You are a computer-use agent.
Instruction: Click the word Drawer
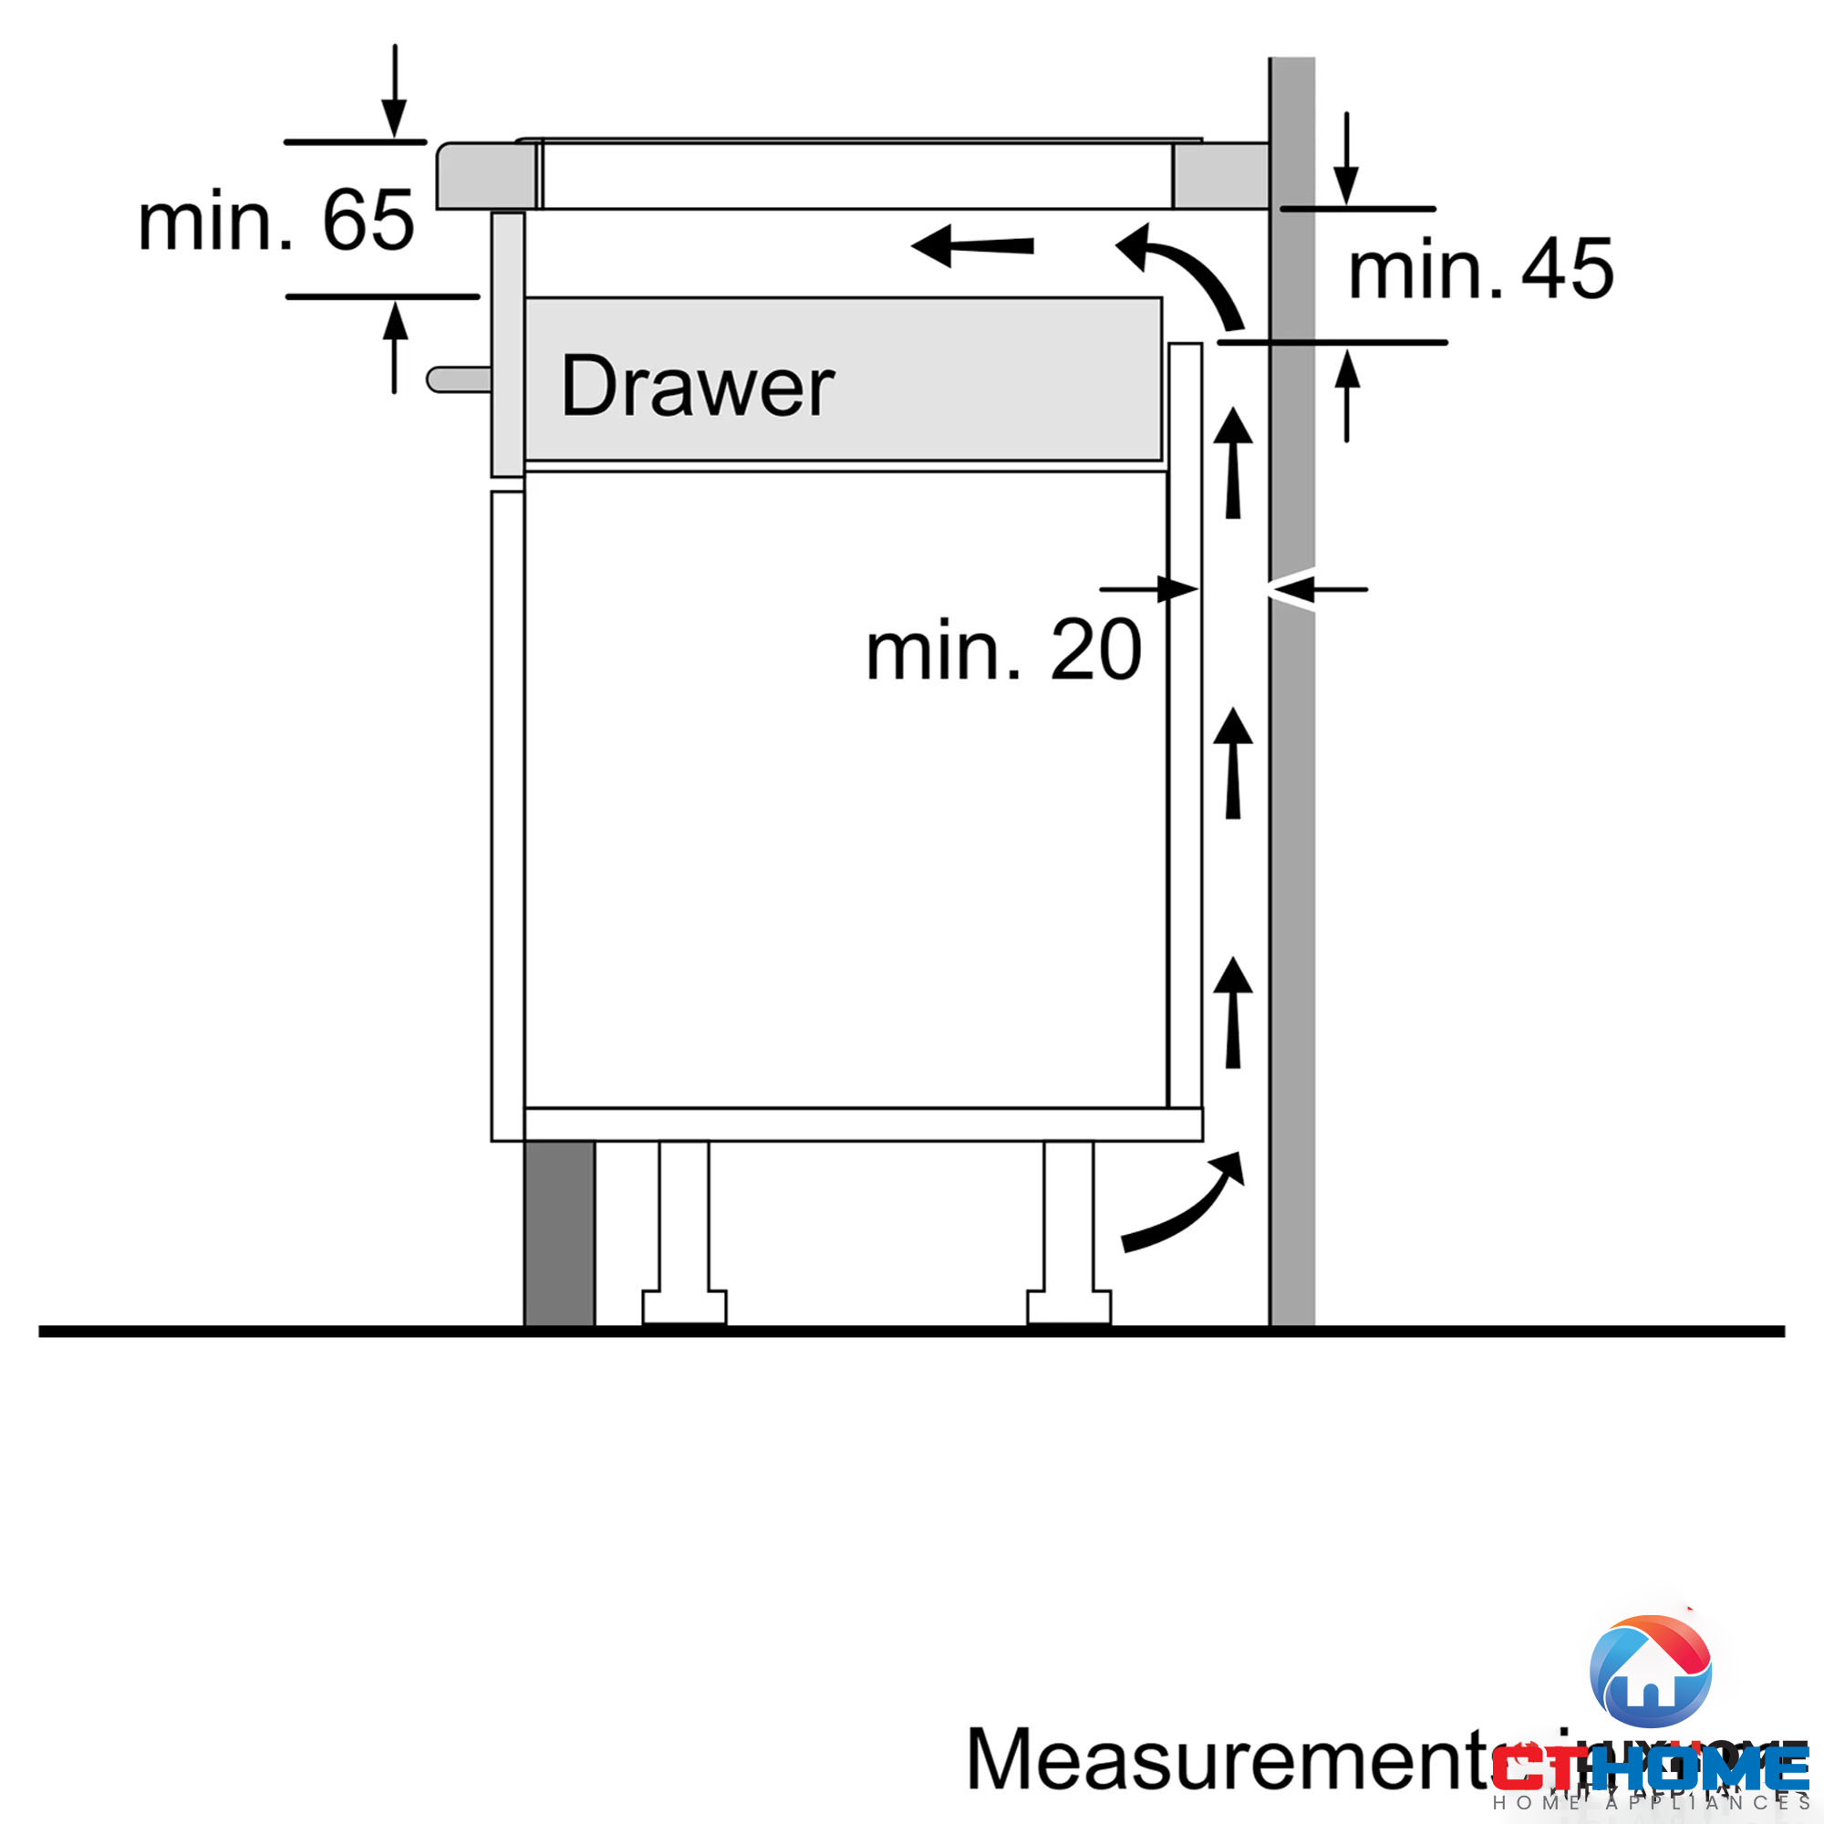click(x=697, y=386)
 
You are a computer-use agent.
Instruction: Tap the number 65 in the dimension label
click(x=368, y=221)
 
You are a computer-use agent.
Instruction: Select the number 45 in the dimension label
click(x=1567, y=269)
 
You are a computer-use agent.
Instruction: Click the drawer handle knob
click(x=457, y=379)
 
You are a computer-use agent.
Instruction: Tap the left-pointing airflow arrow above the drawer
click(x=972, y=246)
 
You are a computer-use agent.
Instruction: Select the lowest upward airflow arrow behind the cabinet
click(x=1233, y=1014)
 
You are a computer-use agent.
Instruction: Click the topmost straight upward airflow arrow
click(x=1233, y=463)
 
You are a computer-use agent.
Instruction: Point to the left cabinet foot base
click(x=685, y=1308)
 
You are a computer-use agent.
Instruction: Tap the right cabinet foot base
click(x=1069, y=1308)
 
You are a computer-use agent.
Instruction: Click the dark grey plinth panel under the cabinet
click(x=560, y=1233)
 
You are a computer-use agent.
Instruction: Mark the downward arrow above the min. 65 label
click(x=395, y=91)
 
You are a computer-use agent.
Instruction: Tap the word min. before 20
click(x=943, y=650)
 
